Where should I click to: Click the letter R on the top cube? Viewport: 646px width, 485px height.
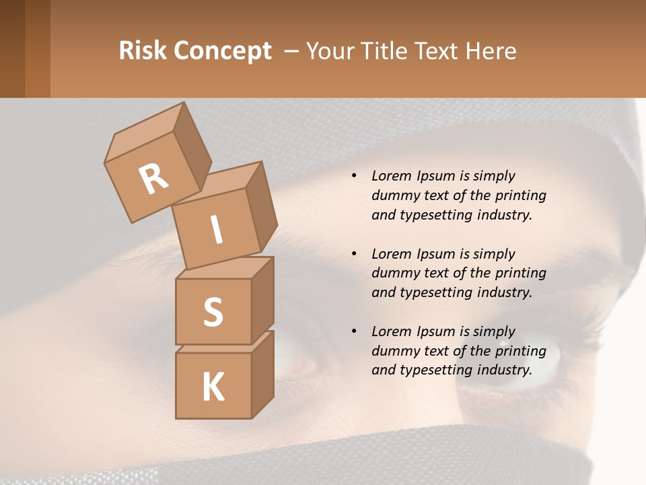[153, 179]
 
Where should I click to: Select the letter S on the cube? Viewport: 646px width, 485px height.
[213, 312]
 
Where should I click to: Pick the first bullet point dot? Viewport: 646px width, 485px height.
[354, 176]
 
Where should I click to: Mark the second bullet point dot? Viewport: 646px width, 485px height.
[354, 255]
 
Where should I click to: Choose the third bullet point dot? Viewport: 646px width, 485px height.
[354, 332]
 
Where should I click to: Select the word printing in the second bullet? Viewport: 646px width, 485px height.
[521, 273]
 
